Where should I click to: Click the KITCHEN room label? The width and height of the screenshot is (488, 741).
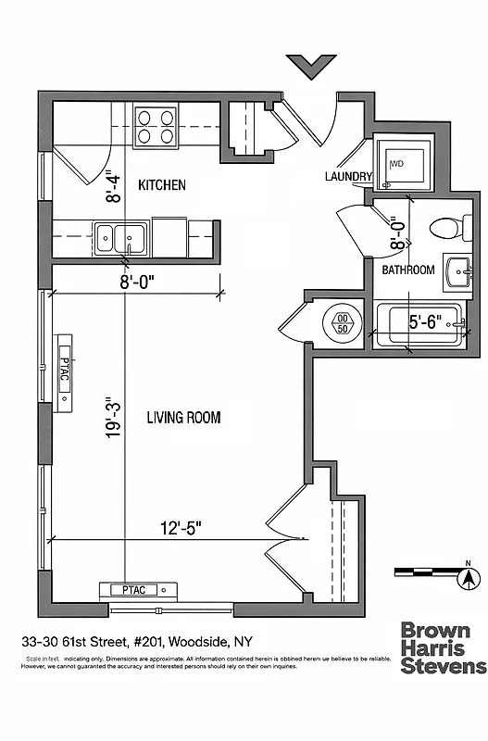point(162,185)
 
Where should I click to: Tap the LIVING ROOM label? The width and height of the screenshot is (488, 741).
point(183,418)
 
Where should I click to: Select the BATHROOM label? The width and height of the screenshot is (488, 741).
point(408,270)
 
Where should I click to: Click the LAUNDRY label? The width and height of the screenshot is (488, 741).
point(348,177)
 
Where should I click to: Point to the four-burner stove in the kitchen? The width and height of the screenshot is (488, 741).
point(156,126)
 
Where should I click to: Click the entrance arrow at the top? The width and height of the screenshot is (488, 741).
point(310,68)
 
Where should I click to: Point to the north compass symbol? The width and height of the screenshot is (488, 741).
point(469,578)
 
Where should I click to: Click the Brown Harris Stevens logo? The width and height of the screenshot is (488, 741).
point(442,648)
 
